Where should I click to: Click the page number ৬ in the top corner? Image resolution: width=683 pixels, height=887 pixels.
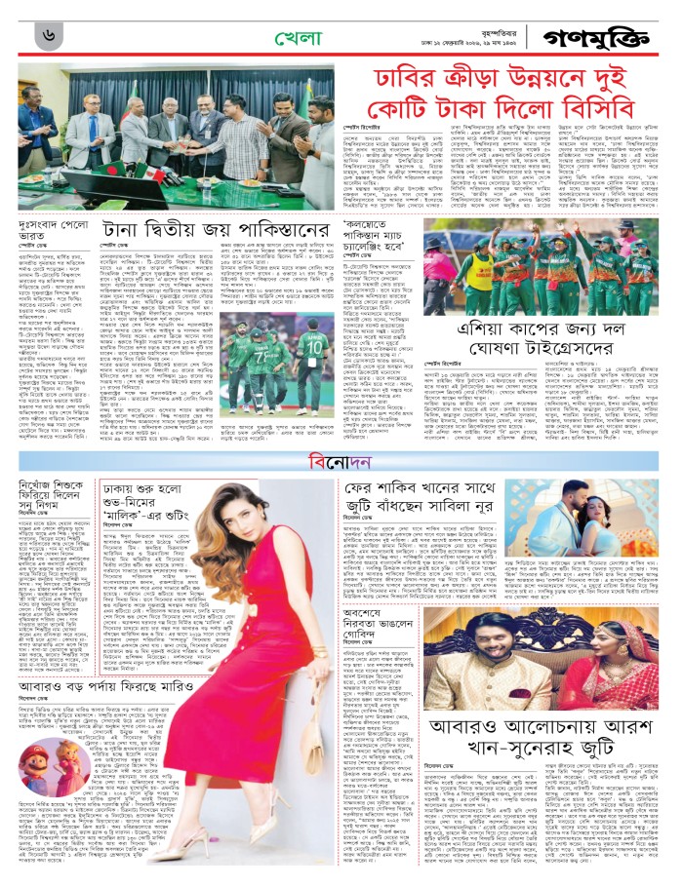(x=48, y=36)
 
